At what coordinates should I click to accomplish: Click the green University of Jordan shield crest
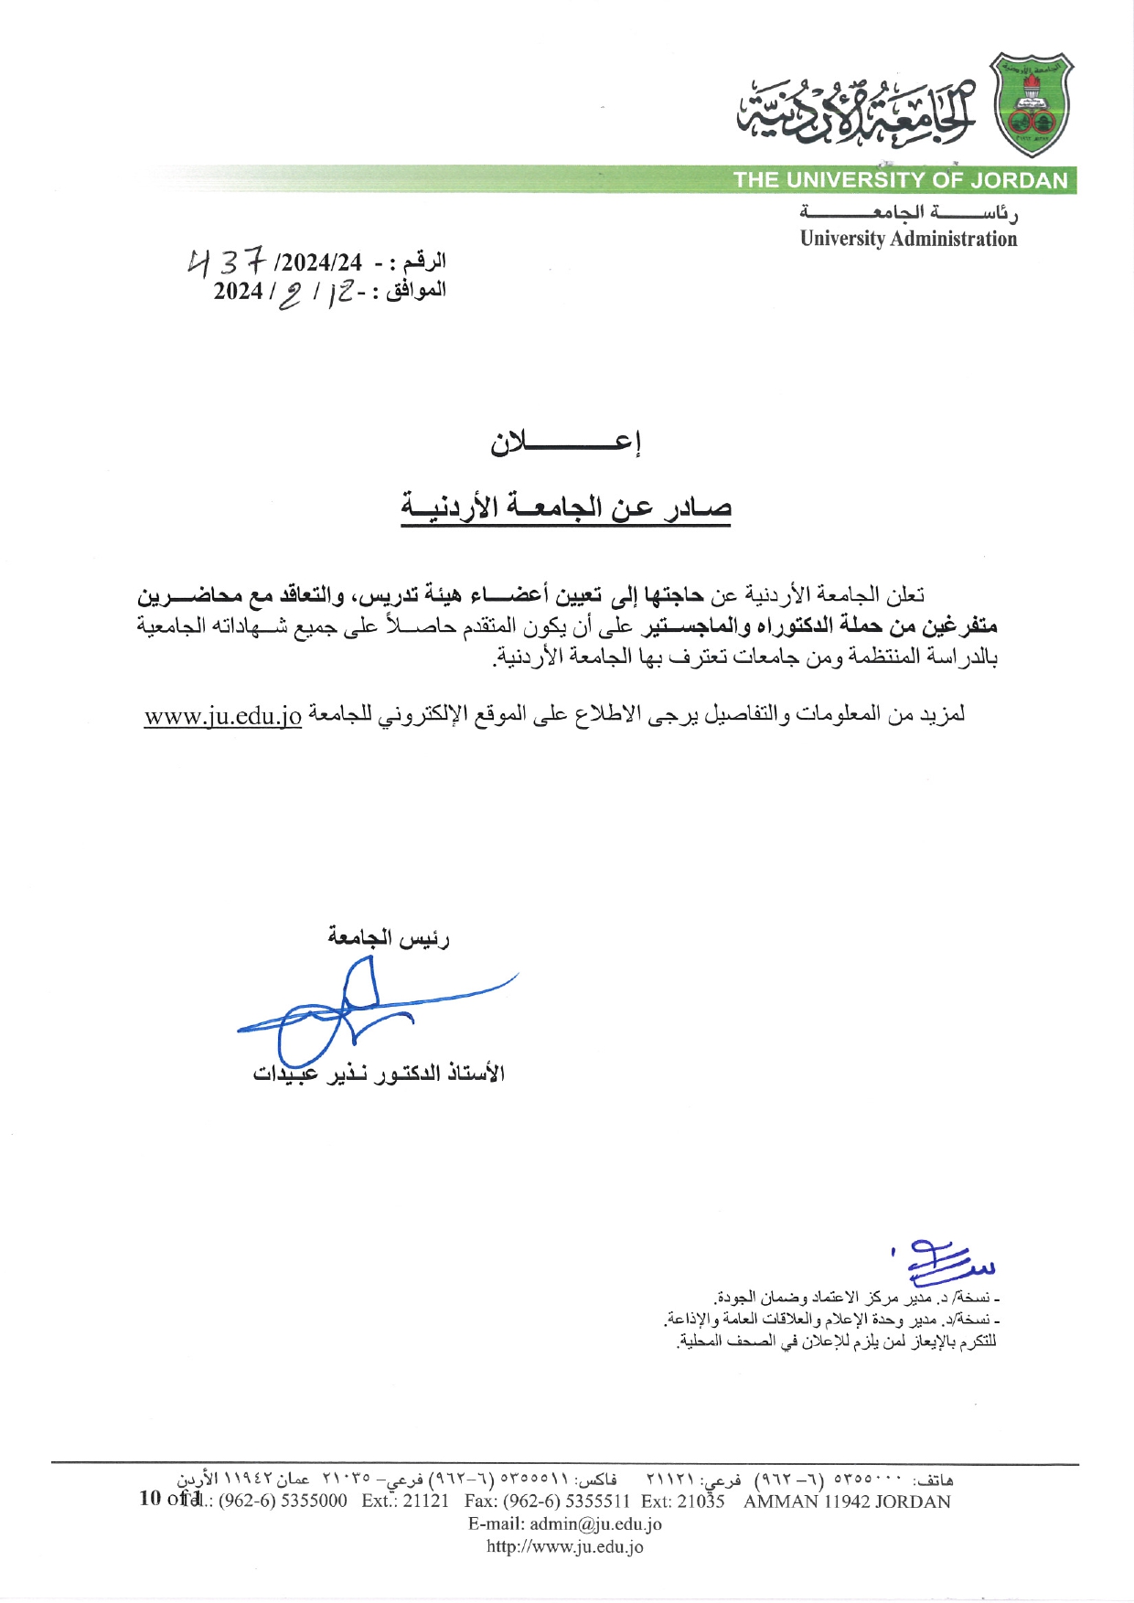tap(1032, 104)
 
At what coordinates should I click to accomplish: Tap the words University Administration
tap(908, 239)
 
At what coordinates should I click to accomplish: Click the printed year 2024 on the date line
tap(238, 292)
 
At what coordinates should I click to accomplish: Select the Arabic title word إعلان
tap(566, 443)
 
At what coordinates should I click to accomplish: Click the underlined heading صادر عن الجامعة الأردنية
tap(566, 507)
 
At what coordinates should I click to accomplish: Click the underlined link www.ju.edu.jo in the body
tap(223, 716)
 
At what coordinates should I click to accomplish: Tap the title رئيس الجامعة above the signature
tap(389, 937)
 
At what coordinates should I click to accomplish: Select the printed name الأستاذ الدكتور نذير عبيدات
tap(379, 1073)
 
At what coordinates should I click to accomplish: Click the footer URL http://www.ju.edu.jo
tap(564, 1547)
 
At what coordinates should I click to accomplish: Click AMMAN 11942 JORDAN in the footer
tap(847, 1501)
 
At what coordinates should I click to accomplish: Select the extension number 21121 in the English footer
tap(426, 1501)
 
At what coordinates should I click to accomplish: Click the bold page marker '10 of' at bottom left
tap(161, 1498)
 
